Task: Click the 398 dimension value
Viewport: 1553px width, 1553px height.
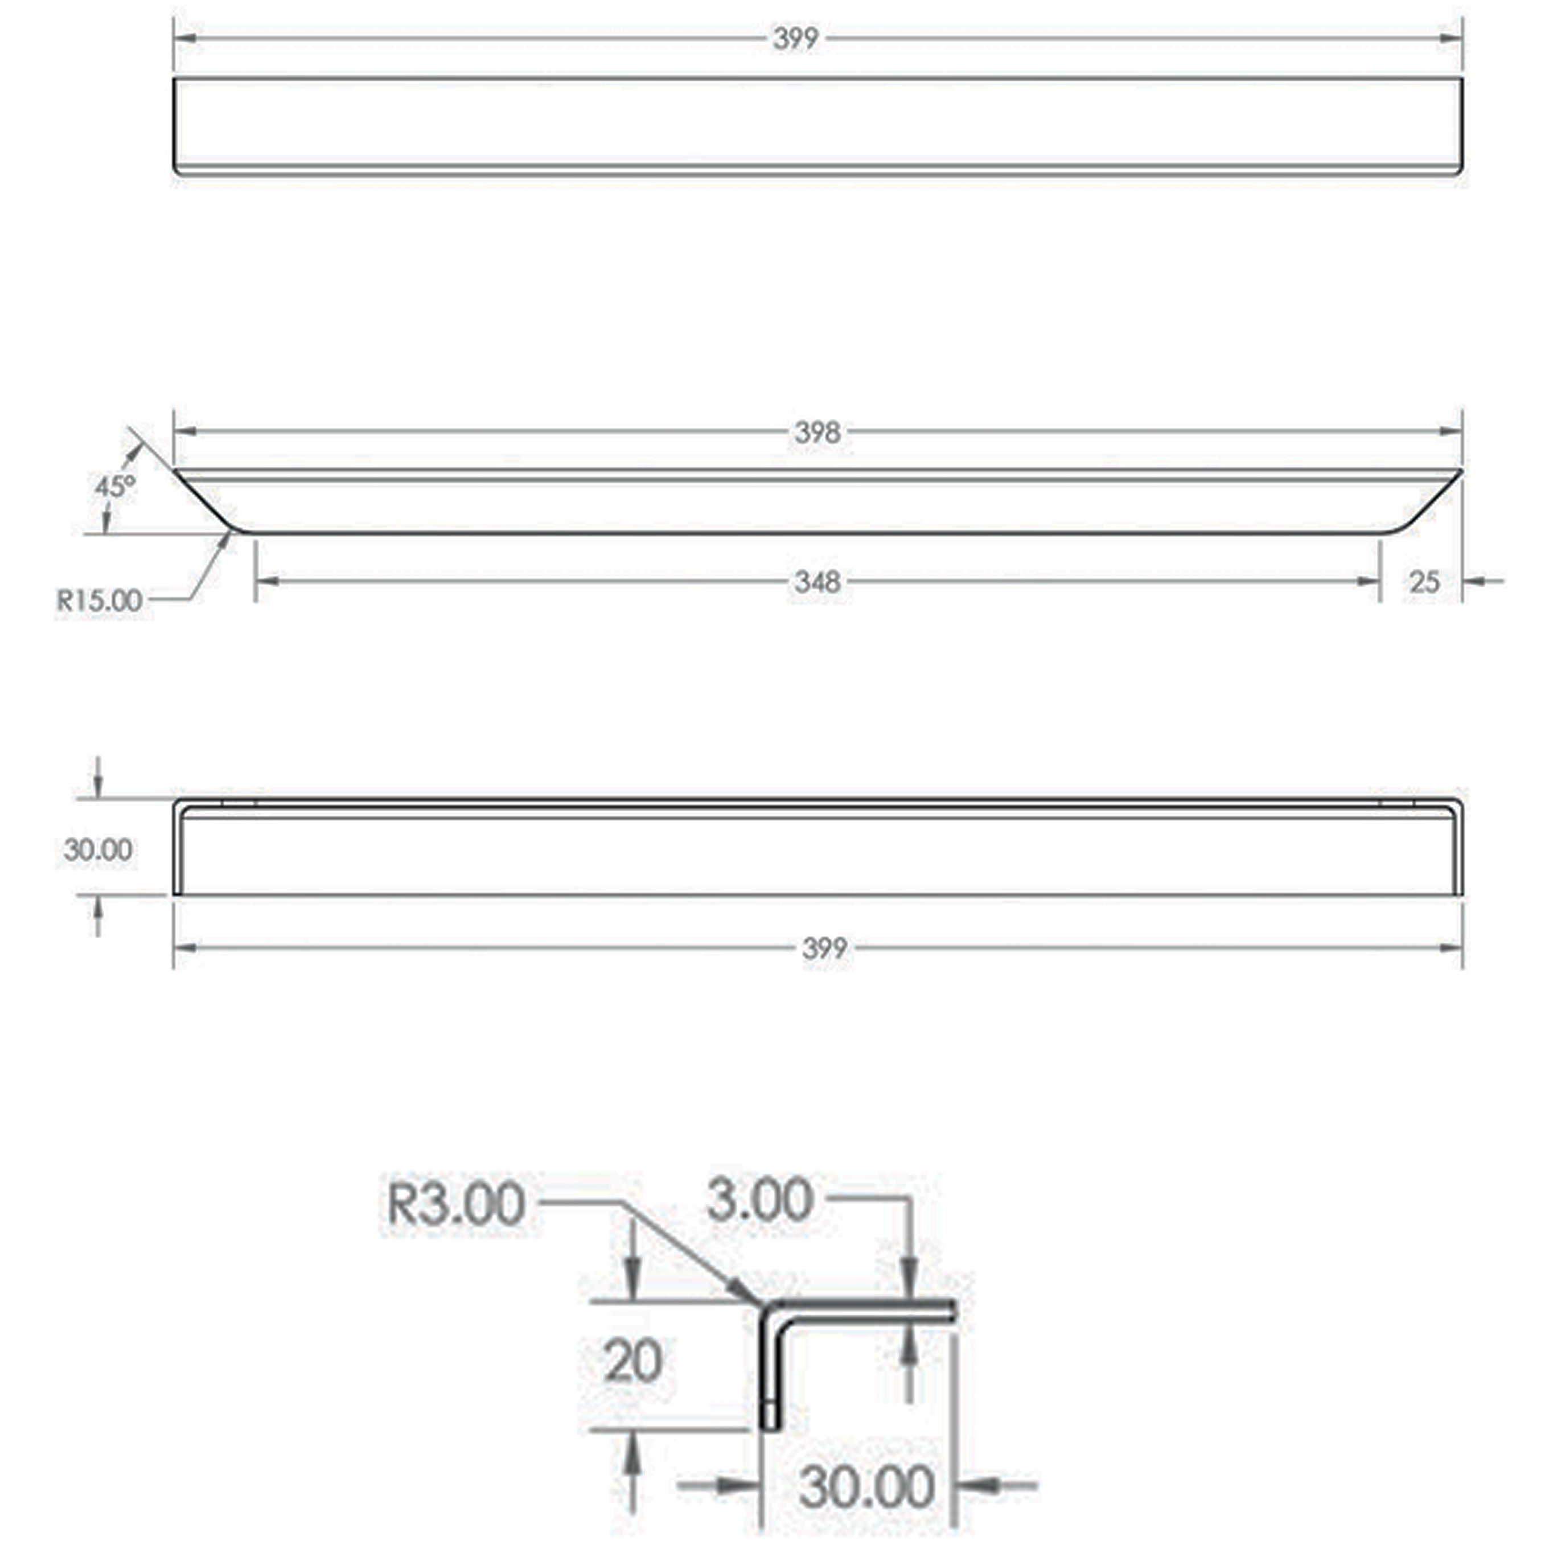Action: (x=817, y=433)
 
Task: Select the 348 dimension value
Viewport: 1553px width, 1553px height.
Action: (x=817, y=581)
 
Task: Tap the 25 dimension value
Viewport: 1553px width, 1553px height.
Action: (x=1424, y=581)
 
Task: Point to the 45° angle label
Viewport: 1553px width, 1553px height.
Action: (x=115, y=486)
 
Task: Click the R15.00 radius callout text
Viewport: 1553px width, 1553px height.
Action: (x=99, y=599)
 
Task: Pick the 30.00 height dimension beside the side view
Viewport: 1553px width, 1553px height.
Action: (x=98, y=849)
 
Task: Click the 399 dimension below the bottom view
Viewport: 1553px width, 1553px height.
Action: (x=824, y=948)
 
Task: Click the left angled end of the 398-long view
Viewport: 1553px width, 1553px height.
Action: (x=205, y=503)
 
